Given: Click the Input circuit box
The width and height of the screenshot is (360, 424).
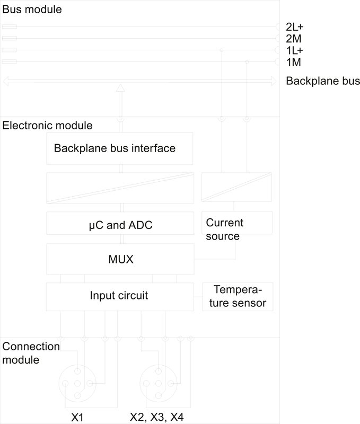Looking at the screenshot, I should pyautogui.click(x=119, y=296).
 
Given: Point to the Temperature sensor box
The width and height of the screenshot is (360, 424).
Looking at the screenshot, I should pyautogui.click(x=238, y=296).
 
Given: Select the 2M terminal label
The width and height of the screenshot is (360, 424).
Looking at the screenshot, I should pyautogui.click(x=293, y=39).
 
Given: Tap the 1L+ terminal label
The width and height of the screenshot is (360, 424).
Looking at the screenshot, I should pyautogui.click(x=295, y=51).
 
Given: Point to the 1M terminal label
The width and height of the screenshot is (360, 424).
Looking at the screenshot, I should pyautogui.click(x=293, y=63).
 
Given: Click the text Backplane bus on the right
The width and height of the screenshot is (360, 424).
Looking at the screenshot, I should pyautogui.click(x=322, y=81).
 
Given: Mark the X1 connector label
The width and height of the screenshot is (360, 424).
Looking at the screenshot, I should pyautogui.click(x=78, y=417).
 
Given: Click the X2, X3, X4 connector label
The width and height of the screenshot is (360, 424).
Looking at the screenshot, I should pyautogui.click(x=157, y=417).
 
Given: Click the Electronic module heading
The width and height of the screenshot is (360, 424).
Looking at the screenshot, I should pyautogui.click(x=47, y=126).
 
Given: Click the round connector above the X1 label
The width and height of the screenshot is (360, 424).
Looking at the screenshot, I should pyautogui.click(x=77, y=383).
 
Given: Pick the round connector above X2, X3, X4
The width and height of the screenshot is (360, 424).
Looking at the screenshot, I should pyautogui.click(x=157, y=383).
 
